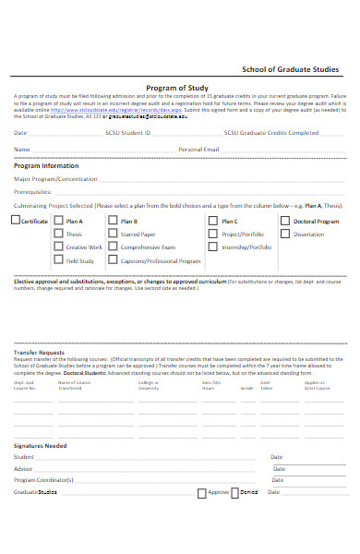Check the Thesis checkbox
58,235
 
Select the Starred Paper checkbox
113,235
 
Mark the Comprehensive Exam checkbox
113,247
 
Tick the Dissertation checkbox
285,235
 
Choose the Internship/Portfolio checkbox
212,247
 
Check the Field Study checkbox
58,261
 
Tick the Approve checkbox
202,493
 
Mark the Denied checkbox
234,493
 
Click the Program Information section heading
46,166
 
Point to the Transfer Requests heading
39,353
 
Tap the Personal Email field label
198,149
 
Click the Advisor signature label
23,469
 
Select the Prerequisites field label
32,191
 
